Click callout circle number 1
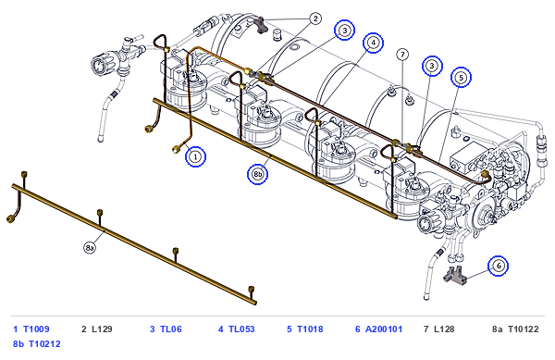click(x=195, y=156)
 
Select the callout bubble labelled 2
click(x=315, y=19)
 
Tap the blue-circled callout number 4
click(x=373, y=43)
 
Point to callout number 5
click(x=461, y=77)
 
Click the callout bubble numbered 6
click(x=498, y=266)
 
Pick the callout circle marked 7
click(x=402, y=55)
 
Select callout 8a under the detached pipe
click(x=90, y=247)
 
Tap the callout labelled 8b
click(x=257, y=174)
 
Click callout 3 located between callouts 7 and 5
click(x=432, y=66)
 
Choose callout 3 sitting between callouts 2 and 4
click(x=345, y=31)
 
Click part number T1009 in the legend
click(x=36, y=329)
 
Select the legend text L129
click(x=102, y=329)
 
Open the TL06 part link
click(x=171, y=329)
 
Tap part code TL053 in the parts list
click(x=241, y=329)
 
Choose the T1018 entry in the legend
click(x=310, y=329)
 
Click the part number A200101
click(x=384, y=329)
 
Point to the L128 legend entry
click(x=444, y=329)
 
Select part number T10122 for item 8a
click(x=524, y=329)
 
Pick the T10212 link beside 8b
click(x=44, y=344)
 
